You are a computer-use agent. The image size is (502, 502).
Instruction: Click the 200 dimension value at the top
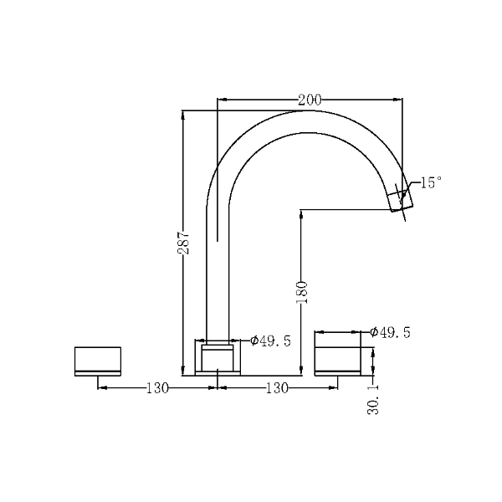coord(310,100)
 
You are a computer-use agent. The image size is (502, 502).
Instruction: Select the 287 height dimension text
coord(184,243)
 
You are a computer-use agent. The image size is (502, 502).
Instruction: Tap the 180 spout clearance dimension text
coord(301,292)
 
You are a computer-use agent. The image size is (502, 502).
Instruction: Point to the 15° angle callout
coord(431,182)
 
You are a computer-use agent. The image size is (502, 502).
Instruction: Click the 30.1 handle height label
coord(373,400)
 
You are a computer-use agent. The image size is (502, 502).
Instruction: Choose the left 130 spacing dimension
coord(157,388)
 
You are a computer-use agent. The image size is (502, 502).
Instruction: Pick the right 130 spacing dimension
coord(277,388)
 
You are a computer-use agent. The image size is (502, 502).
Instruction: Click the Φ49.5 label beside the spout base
coord(270,341)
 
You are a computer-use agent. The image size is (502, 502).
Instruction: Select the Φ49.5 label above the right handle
coord(390,332)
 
